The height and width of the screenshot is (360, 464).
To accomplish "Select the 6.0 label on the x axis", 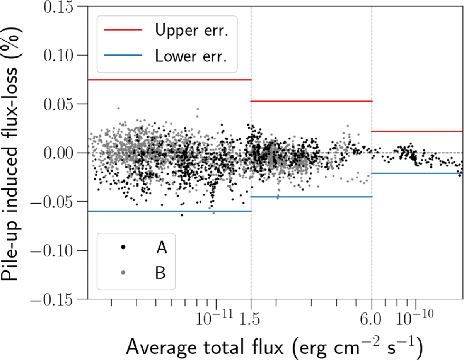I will point(372,319).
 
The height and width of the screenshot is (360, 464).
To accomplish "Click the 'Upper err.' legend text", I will point(190,31).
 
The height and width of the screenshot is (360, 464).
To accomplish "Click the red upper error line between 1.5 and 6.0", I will point(311,101).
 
